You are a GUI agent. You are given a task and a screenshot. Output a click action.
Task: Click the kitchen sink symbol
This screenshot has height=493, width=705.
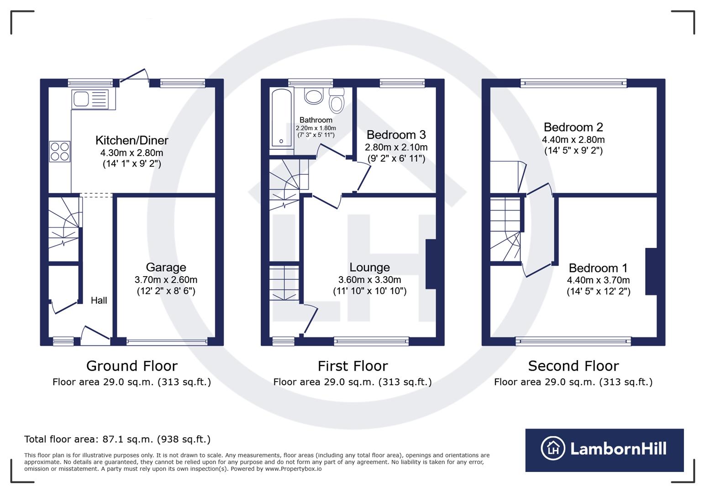[x=90, y=99]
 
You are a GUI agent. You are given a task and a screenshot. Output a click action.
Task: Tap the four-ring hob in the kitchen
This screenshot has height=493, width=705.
[x=60, y=152]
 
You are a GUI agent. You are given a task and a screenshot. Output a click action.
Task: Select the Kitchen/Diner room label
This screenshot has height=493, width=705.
[x=132, y=140]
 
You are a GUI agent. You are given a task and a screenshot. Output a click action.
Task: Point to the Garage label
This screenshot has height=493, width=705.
[x=166, y=267]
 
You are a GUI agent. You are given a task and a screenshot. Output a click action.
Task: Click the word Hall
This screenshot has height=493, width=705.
[x=99, y=300]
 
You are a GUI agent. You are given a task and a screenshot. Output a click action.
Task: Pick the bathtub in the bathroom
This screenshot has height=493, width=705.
[x=281, y=118]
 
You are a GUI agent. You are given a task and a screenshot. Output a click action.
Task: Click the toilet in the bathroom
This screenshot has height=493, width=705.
[x=337, y=101]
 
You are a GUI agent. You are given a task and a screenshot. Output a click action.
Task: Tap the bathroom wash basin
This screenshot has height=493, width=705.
[x=314, y=96]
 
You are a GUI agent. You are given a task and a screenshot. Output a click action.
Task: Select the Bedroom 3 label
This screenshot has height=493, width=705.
[x=396, y=135]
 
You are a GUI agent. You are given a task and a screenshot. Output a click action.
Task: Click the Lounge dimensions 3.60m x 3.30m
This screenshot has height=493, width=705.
[x=369, y=280]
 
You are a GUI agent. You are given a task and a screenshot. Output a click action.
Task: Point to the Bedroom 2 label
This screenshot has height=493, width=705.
[x=573, y=127]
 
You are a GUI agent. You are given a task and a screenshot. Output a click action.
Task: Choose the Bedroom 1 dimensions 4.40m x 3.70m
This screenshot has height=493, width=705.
[x=598, y=280]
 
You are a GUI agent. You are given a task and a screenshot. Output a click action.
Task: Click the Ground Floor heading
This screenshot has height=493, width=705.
[x=132, y=366]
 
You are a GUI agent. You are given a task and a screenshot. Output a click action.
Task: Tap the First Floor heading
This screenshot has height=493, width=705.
[x=352, y=366]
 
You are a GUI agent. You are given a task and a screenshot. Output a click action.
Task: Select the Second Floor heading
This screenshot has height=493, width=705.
[x=573, y=366]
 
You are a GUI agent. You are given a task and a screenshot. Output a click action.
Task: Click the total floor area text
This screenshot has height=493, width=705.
[x=117, y=440]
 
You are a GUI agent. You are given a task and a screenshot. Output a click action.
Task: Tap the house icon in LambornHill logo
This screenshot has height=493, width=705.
[x=553, y=448]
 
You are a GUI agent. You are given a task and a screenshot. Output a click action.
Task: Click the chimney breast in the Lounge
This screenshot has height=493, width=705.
[x=431, y=264]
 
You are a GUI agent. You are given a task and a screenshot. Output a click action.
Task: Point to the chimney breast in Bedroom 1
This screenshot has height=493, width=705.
[x=651, y=272]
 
